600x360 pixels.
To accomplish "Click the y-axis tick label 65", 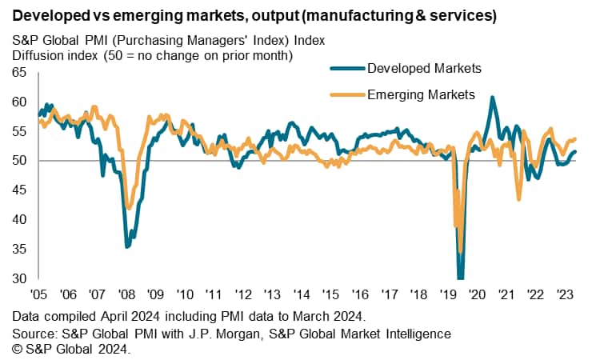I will point(19,73).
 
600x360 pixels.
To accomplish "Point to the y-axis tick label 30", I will point(19,278).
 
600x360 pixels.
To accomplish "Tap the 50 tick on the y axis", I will point(19,161).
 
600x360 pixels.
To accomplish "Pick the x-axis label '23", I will point(563,294).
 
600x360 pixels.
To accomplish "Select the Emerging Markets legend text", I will point(421,95).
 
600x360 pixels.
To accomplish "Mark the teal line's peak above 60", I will point(492,98).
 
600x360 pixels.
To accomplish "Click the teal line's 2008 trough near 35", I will point(126,246).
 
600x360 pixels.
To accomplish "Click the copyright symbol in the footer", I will point(18,348).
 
